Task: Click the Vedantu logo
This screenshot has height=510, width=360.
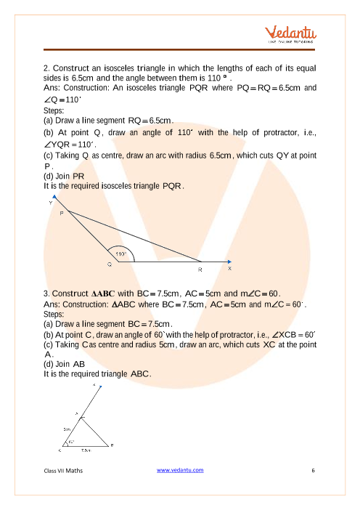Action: pos(290,34)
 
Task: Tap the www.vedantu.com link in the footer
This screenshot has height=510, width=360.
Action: pos(180,470)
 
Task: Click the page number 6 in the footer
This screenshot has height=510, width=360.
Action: pos(314,470)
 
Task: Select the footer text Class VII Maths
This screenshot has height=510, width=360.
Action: pos(63,471)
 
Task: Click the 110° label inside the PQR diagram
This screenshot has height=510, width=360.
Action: pos(121,254)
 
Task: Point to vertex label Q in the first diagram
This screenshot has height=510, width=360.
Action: pos(110,264)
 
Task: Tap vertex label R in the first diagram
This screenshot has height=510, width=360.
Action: pos(200,270)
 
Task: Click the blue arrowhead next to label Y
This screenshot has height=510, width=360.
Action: pos(54,197)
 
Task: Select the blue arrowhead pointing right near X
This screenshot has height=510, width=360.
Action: pos(229,262)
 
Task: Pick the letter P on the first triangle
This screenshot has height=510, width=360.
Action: pos(62,213)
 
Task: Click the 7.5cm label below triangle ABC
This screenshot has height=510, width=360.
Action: pos(86,450)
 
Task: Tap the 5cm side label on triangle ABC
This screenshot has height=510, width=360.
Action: pos(67,429)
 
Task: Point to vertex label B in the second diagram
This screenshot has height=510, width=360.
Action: pos(112,445)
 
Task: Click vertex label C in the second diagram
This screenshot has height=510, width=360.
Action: pos(60,450)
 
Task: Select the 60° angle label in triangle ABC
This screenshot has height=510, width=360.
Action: pos(71,442)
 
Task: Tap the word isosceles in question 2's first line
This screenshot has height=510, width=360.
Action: pos(119,68)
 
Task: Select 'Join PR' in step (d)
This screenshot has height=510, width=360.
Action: pos(70,177)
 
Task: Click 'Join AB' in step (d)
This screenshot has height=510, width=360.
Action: pos(70,364)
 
